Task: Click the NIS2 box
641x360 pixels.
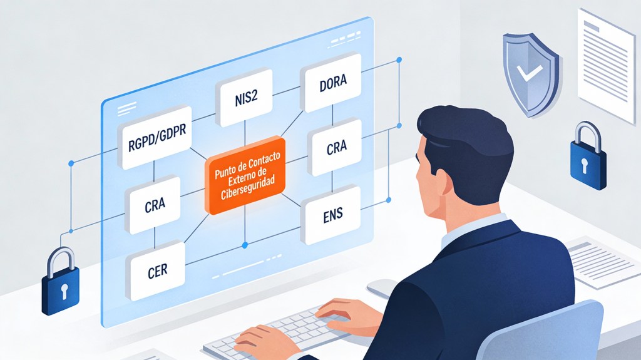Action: pyautogui.click(x=242, y=98)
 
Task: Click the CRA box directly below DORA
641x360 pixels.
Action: pyautogui.click(x=336, y=148)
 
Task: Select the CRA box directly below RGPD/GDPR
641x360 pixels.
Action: pyautogui.click(x=154, y=205)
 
